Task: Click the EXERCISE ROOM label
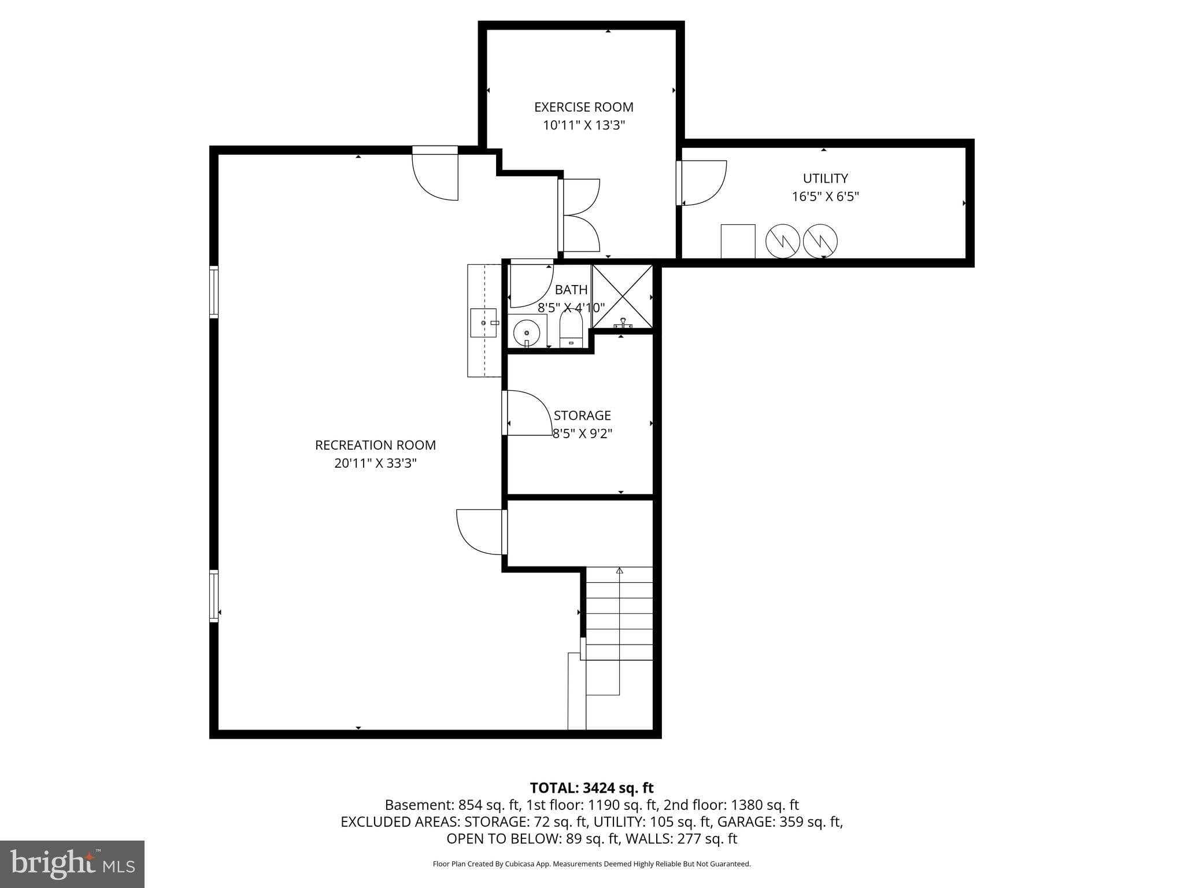coord(583,107)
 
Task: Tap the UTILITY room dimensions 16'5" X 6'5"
coord(825,197)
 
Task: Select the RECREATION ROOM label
coord(375,445)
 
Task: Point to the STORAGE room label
coord(582,415)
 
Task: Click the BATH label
coord(571,290)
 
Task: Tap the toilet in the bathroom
coord(571,330)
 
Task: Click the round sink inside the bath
coord(526,333)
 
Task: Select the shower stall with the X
coord(622,296)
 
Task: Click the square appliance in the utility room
coord(738,241)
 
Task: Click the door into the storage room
coord(527,413)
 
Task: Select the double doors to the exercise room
coord(579,215)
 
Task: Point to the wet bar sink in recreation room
coord(483,323)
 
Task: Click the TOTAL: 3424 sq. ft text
coord(591,787)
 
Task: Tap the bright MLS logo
coord(72,864)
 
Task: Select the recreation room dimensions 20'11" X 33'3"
coord(375,463)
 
